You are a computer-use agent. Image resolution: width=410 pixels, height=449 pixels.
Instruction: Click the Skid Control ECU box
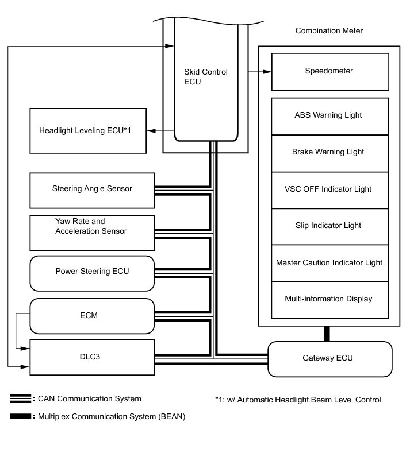coord(205,80)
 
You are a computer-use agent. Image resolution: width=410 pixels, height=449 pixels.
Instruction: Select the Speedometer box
coord(329,71)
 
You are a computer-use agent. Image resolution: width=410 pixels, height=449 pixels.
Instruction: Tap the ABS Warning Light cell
coord(329,115)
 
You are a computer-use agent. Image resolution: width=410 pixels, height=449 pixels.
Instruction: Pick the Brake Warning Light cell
coord(329,152)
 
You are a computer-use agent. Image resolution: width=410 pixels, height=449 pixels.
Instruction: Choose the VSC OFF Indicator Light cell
coord(329,189)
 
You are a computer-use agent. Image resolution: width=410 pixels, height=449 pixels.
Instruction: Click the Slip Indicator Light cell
coord(329,226)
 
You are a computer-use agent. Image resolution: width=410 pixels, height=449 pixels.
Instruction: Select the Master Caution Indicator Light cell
coord(329,262)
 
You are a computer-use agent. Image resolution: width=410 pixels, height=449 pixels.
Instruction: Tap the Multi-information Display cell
coord(329,299)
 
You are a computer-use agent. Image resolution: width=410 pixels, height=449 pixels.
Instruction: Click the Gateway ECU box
coord(329,358)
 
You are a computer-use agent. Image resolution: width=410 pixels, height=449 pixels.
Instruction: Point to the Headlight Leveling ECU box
coord(86,131)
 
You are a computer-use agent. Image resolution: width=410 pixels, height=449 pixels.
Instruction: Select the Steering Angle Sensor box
coord(92,189)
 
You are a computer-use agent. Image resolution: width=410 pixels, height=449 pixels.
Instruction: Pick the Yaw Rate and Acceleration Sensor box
coord(92,226)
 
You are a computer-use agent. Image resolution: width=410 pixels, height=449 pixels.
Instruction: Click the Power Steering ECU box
coord(92,270)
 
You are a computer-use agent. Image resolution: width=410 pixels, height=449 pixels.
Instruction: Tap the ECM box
coord(92,315)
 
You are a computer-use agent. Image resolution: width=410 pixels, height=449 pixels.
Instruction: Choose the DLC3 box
coord(92,357)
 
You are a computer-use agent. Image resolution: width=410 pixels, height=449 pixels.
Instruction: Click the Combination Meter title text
coord(329,30)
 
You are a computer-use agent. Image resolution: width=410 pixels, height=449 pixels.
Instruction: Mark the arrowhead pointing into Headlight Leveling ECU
coord(151,131)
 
